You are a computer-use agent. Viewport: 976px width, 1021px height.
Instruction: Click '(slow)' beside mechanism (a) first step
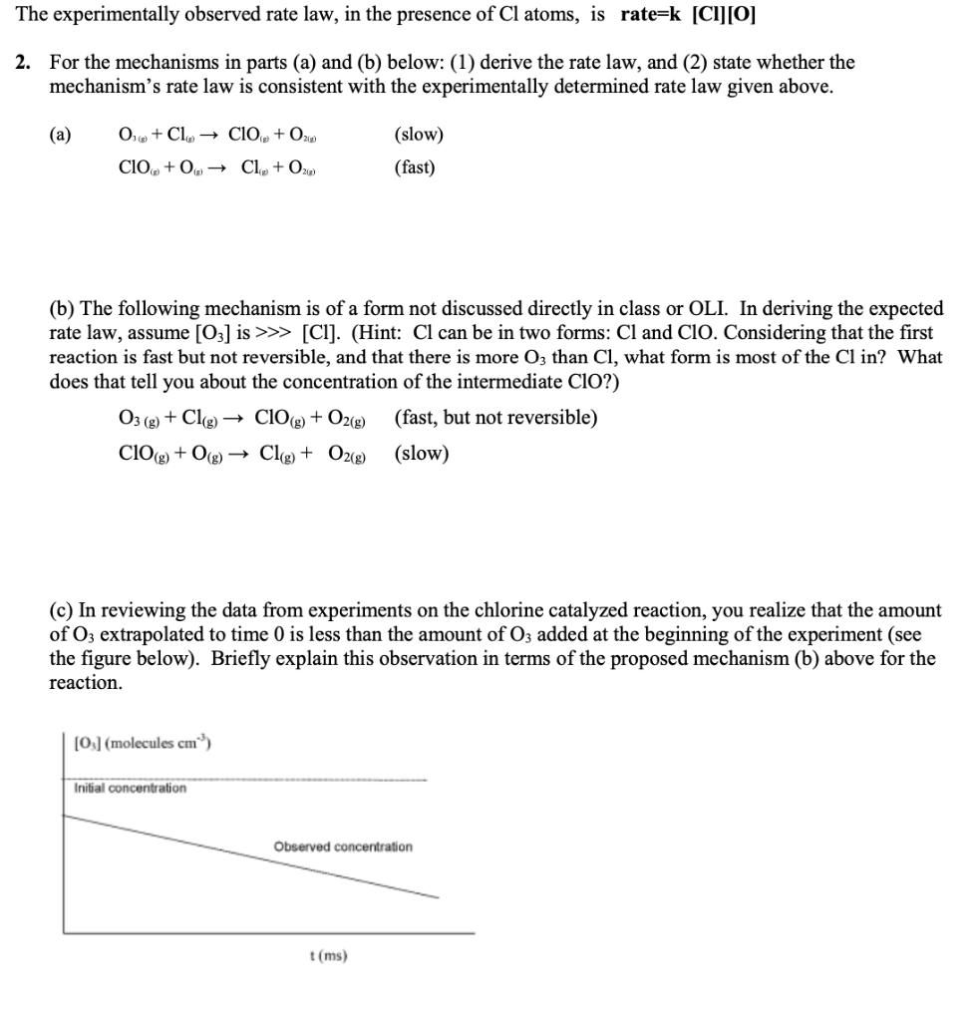click(x=420, y=135)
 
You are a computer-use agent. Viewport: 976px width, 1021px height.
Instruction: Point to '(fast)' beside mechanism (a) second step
click(x=415, y=167)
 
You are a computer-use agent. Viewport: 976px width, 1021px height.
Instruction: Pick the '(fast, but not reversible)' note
click(x=495, y=417)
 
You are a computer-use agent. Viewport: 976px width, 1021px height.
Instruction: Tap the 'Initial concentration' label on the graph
click(x=130, y=789)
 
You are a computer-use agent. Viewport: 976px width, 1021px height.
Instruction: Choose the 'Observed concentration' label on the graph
click(x=342, y=847)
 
